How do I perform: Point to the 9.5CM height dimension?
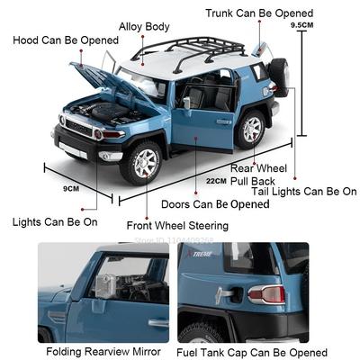pyautogui.click(x=328, y=26)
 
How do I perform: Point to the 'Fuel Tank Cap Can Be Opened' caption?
pyautogui.click(x=251, y=352)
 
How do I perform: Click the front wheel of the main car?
pyautogui.click(x=142, y=162)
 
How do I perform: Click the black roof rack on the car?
pyautogui.click(x=198, y=49)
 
